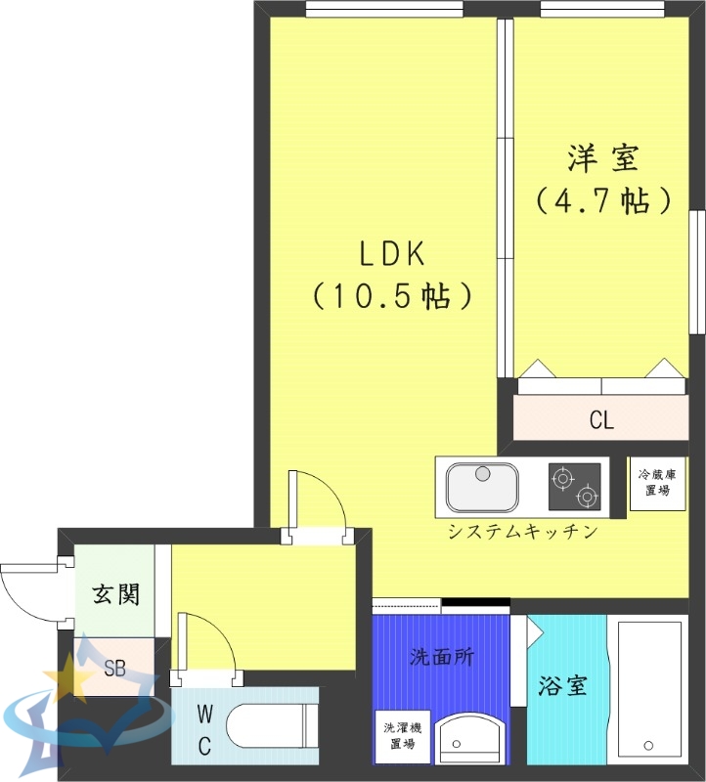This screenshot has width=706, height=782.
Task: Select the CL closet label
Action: point(601,421)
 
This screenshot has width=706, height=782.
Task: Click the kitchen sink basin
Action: point(482,486)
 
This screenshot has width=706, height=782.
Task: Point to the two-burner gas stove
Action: point(575,486)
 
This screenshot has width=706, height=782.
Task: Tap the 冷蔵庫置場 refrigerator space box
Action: point(656,483)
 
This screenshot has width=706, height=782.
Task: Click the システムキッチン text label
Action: point(522,533)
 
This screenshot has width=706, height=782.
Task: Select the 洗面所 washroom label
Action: point(441,657)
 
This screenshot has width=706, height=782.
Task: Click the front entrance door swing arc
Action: point(29,591)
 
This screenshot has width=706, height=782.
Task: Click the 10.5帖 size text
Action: point(391,295)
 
